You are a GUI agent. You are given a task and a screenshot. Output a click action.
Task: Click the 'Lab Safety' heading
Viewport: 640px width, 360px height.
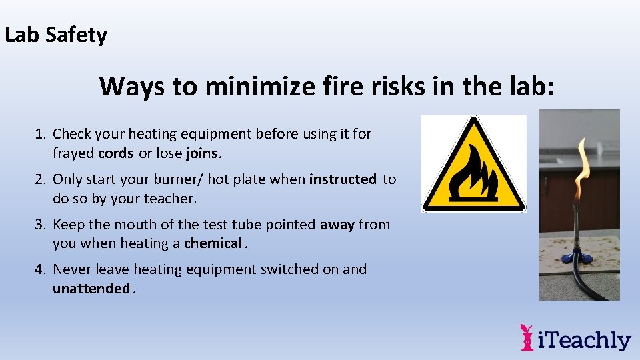pos(56,35)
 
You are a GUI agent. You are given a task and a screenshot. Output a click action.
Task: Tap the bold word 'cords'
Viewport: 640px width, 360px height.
pos(115,153)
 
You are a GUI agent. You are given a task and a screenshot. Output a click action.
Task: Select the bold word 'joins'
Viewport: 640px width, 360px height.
pos(202,153)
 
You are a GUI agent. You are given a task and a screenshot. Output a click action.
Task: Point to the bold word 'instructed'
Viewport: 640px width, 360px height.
pos(343,179)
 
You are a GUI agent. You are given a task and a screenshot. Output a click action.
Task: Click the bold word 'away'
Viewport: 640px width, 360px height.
pos(337,225)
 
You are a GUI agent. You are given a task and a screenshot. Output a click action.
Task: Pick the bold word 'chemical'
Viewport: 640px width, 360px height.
pos(213,243)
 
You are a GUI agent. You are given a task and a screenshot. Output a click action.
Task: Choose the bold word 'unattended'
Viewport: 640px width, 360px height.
pos(91,289)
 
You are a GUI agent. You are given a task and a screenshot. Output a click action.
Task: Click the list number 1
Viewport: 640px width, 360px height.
pos(41,134)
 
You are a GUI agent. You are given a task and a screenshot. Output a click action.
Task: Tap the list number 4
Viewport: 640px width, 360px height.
pos(41,269)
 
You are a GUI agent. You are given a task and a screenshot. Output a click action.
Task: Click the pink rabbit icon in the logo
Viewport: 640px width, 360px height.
pos(527,337)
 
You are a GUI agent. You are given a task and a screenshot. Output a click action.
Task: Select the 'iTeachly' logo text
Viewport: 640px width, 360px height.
pos(584,340)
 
